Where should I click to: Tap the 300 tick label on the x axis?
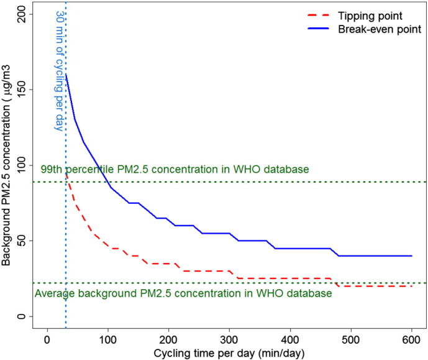229,341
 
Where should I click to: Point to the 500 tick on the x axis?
351,341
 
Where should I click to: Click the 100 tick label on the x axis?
107,341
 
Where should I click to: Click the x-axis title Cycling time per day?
229,353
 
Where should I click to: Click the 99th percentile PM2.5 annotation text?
175,170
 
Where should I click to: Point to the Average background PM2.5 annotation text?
183,293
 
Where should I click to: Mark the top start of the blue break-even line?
65,74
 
